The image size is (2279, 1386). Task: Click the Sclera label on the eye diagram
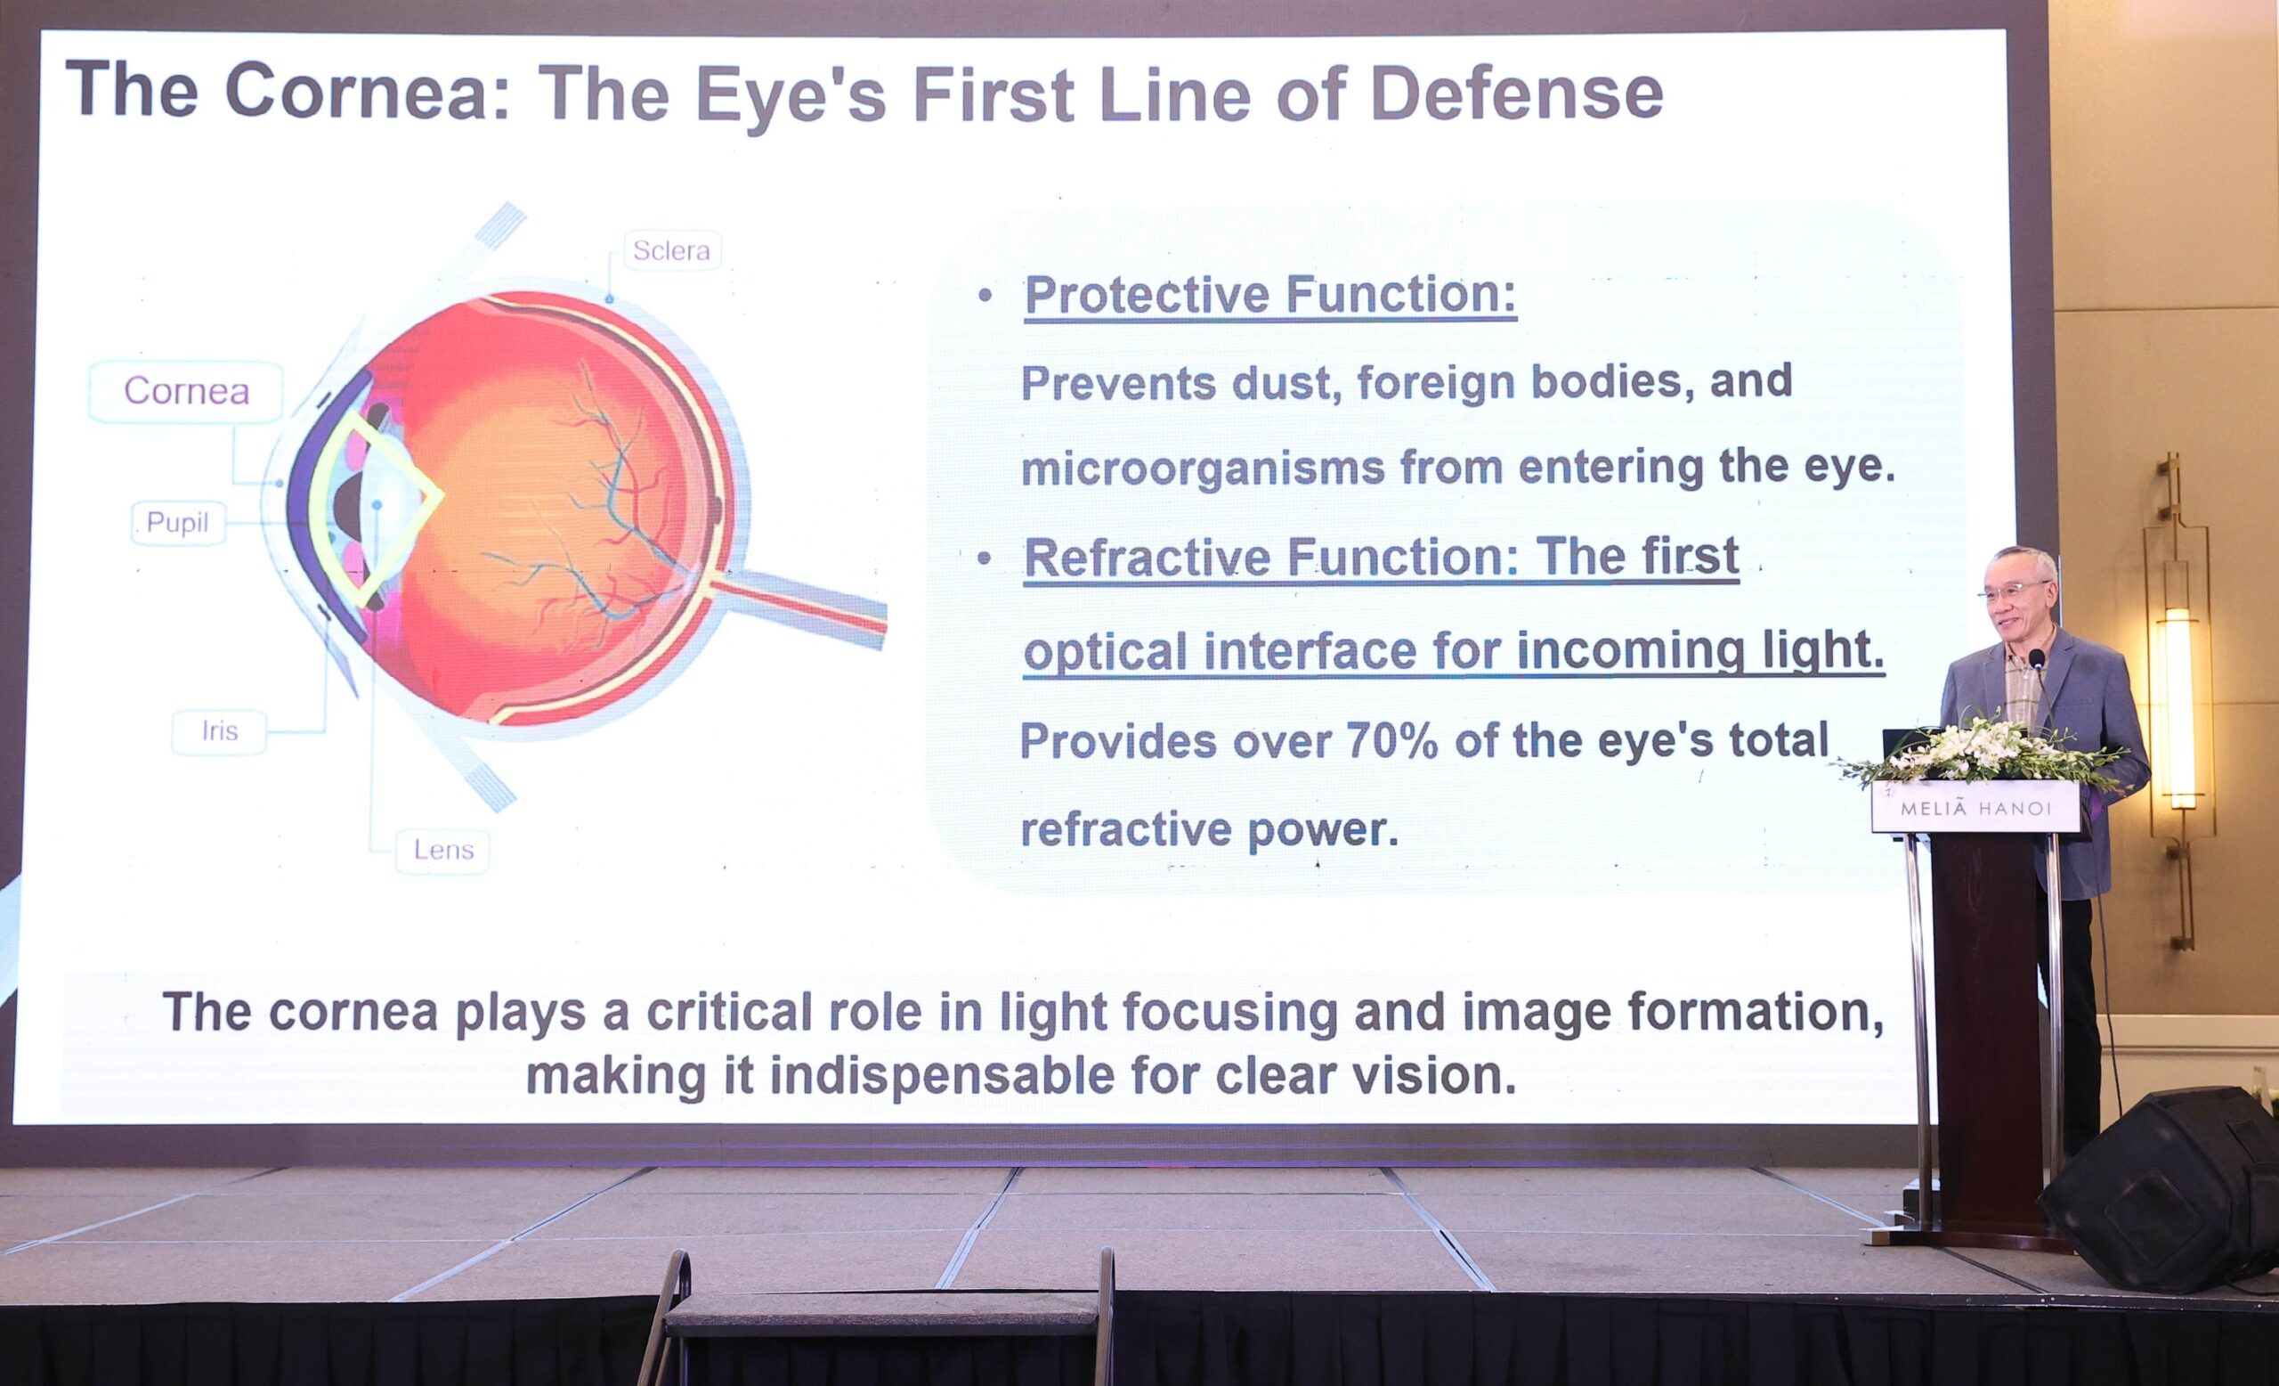671,249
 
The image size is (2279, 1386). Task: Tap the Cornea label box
186,391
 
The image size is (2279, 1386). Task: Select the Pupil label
177,523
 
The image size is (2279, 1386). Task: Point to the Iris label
220,732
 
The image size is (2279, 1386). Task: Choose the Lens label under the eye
443,851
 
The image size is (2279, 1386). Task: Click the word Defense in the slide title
1517,94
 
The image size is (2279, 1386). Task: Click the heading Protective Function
1269,295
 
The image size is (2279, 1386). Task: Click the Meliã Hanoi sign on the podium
1975,809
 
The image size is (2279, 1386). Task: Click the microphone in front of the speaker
2036,659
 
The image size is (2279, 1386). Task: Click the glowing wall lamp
2178,708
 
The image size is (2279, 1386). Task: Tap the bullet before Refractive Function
984,558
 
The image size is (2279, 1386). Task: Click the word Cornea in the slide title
356,92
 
